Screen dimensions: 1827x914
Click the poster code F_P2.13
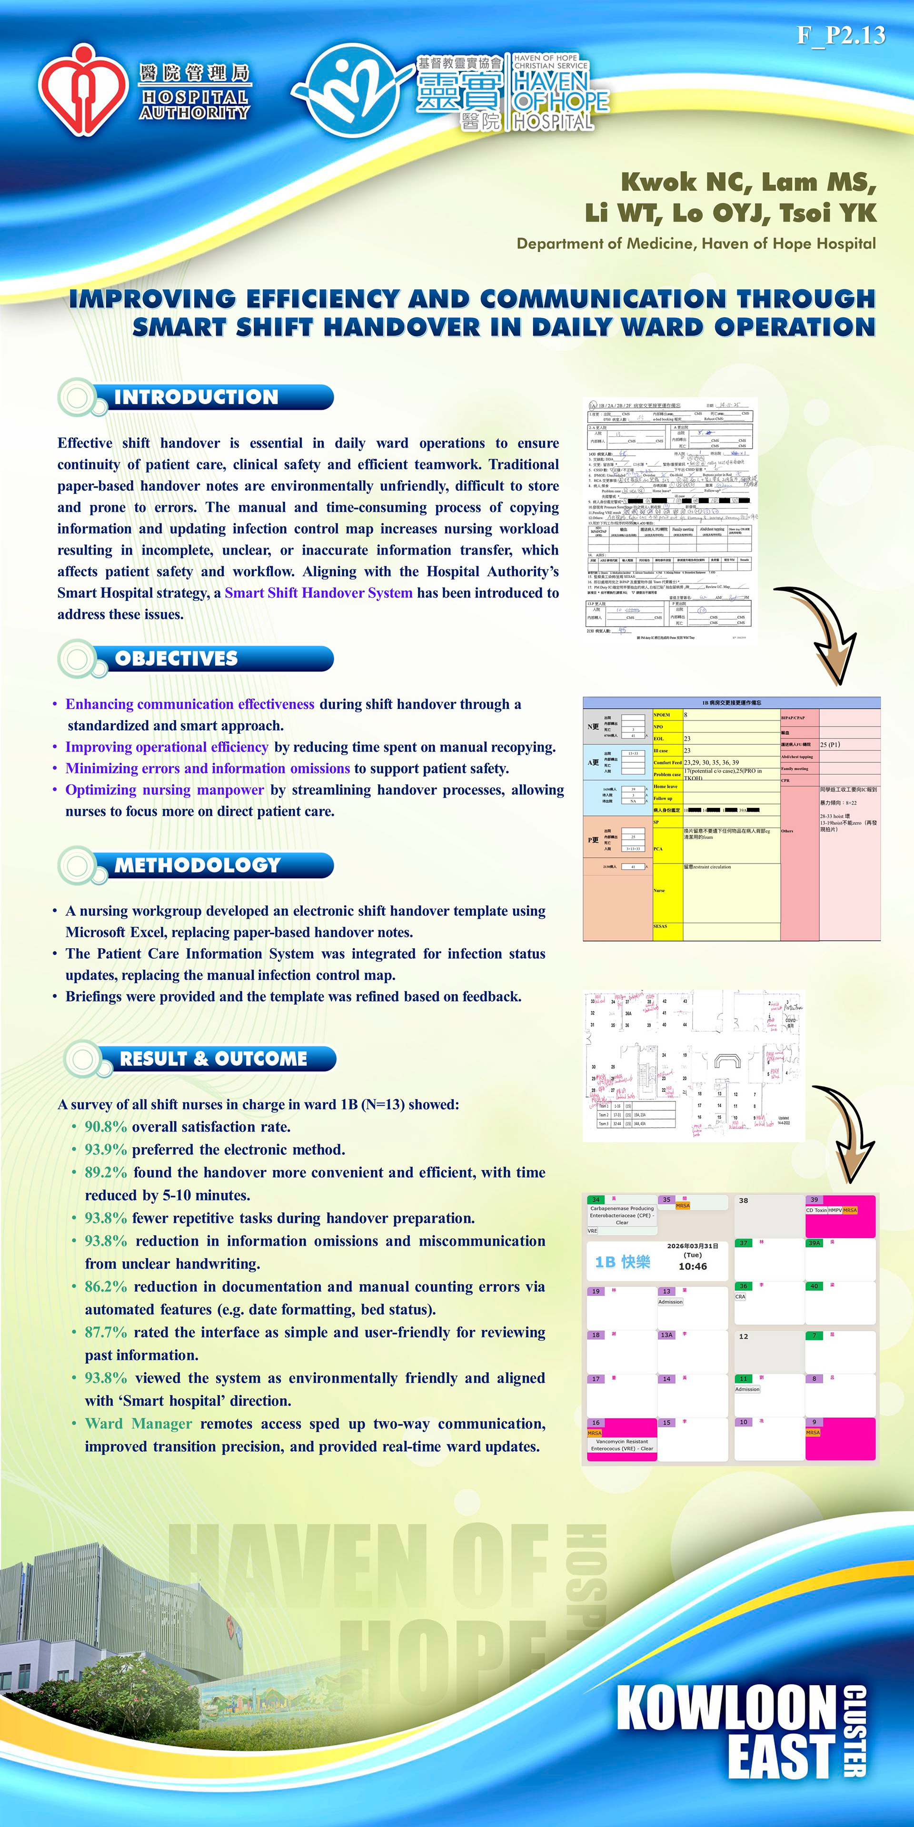[840, 35]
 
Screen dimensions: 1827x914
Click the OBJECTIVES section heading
[176, 659]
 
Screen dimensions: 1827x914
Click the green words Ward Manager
[139, 1424]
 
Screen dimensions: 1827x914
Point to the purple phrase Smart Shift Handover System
[318, 593]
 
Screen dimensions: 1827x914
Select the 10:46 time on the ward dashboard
[693, 1266]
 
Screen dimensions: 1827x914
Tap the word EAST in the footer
[781, 1756]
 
